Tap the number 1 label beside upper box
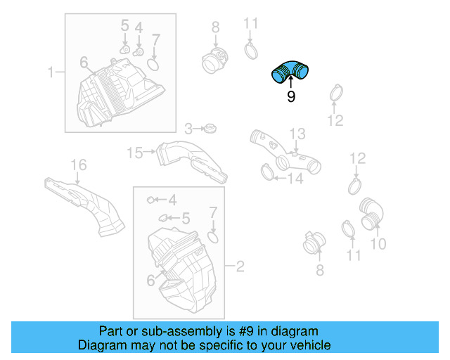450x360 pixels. (51, 72)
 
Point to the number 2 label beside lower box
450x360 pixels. (240, 266)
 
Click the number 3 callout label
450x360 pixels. (188, 129)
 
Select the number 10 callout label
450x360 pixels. (378, 244)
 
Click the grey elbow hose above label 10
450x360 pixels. (371, 213)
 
